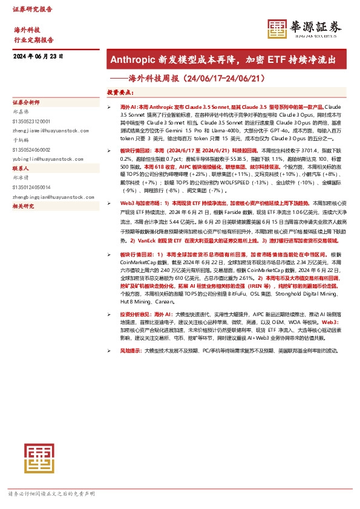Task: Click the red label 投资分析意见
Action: [x=136, y=315]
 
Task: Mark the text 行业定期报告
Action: [x=33, y=39]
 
